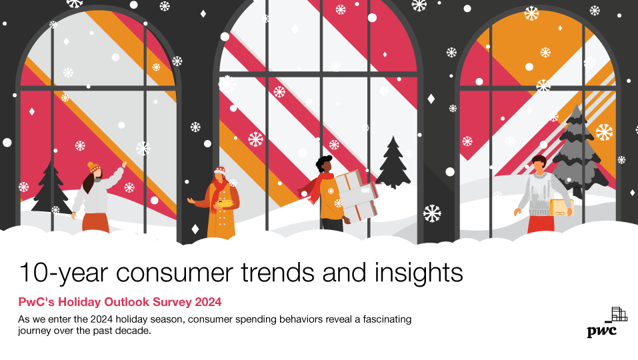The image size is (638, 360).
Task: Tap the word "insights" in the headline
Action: (419, 273)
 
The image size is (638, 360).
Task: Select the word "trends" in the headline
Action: (278, 273)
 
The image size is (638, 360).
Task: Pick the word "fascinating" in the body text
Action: (387, 319)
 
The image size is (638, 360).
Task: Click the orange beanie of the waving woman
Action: (93, 167)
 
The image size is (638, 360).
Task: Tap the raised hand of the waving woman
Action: (124, 165)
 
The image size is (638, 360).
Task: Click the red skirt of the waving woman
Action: (96, 222)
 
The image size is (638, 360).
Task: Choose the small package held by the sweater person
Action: (561, 207)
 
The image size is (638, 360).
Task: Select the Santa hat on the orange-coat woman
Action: (220, 169)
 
